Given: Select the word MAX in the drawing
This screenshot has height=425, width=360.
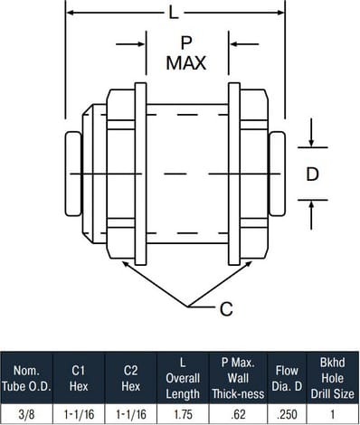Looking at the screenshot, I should pos(186,63).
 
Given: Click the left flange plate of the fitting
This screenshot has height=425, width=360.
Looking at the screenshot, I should pos(140,172).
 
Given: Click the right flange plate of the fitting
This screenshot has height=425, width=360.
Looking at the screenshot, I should pos(233,172).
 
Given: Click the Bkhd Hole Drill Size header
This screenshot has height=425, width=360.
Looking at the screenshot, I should pos(333,378).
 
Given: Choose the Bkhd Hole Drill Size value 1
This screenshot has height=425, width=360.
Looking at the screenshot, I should pos(333,413).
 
